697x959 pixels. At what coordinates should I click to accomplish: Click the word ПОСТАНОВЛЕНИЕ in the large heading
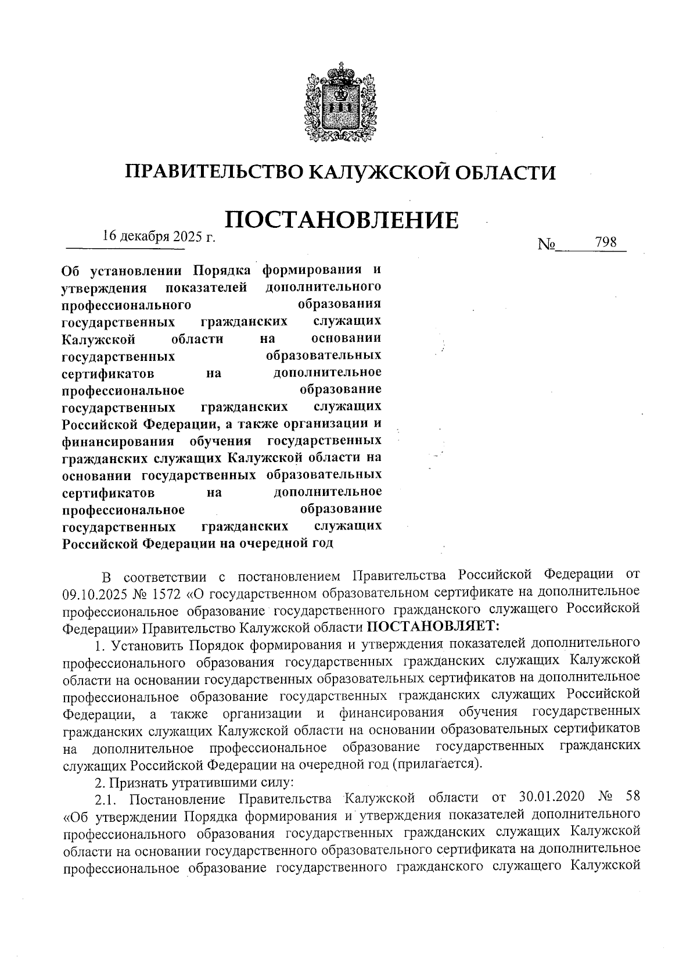coord(342,221)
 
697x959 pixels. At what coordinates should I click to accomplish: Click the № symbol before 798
coord(547,245)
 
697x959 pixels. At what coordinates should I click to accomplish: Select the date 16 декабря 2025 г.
coord(159,237)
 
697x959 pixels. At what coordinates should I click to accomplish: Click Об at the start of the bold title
coord(70,271)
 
